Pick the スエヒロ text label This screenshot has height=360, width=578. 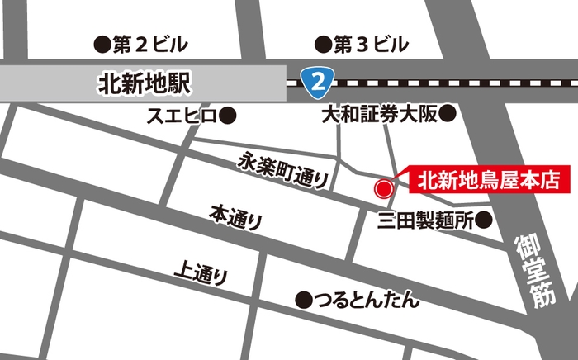(181, 115)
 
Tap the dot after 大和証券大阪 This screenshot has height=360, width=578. (447, 115)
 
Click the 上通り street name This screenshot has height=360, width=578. (201, 272)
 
